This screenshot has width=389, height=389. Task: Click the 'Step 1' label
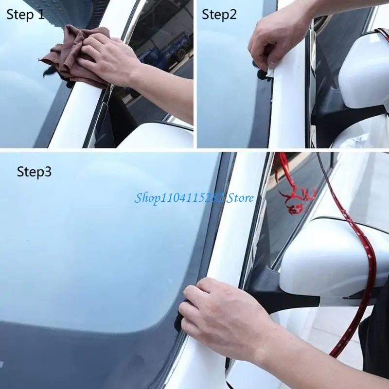click(25, 15)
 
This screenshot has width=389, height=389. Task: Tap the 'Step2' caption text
click(219, 15)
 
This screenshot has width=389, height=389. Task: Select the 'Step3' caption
click(34, 172)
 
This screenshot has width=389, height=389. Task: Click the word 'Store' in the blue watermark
click(239, 198)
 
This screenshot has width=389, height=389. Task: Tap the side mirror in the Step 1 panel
click(156, 136)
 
